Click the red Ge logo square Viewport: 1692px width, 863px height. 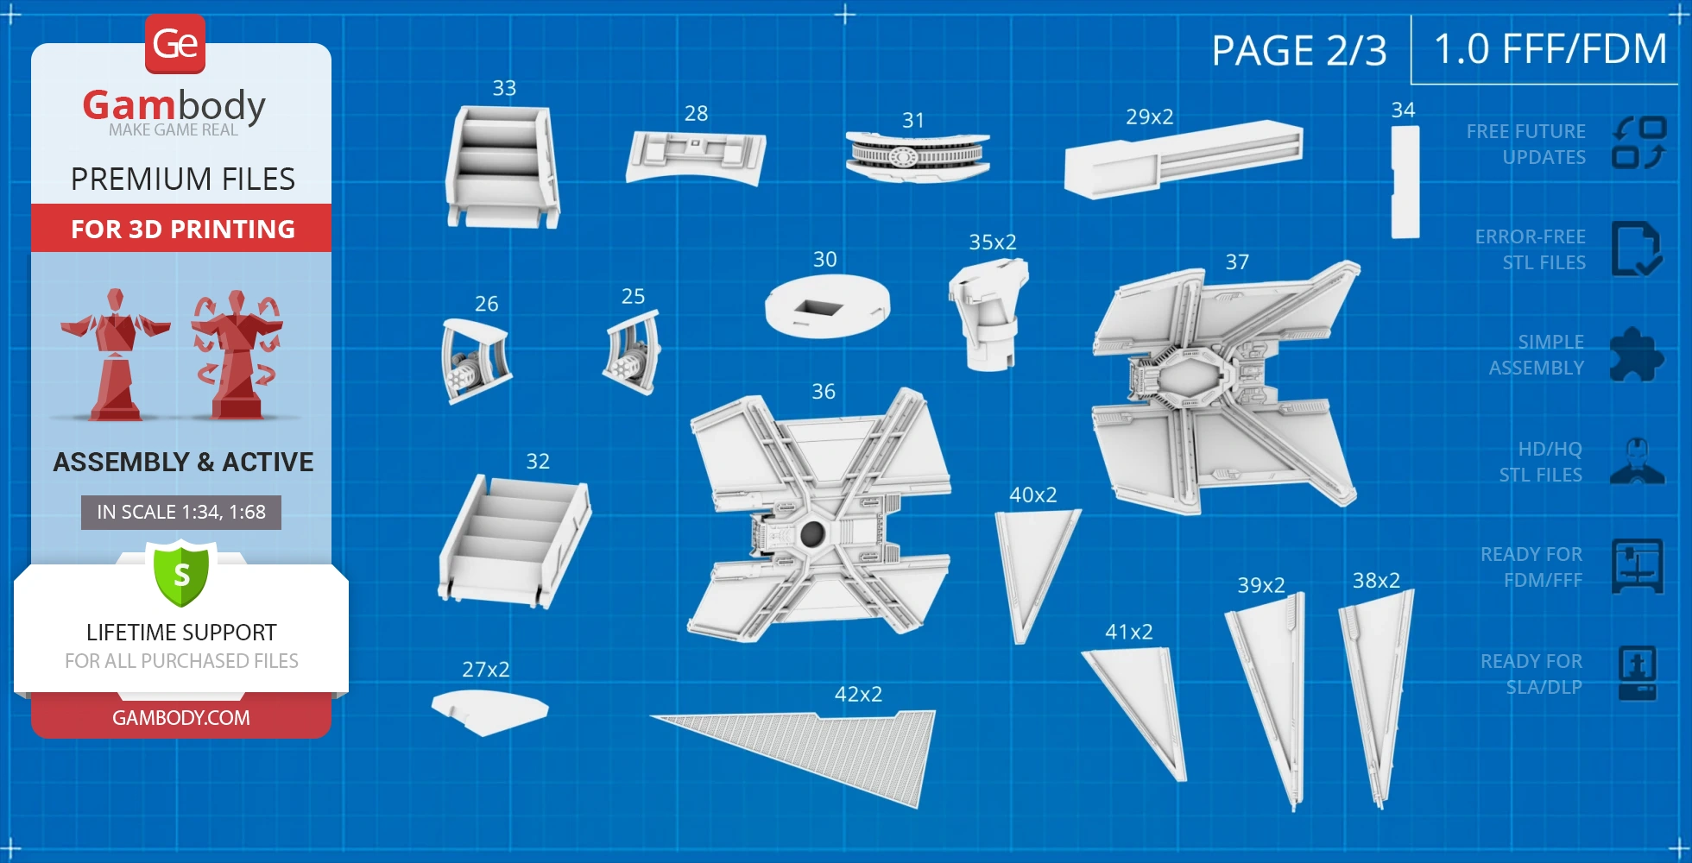tap(175, 43)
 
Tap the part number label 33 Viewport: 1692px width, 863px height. tap(504, 88)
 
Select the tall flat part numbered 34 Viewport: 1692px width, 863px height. tap(1405, 182)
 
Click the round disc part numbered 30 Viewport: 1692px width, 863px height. tap(827, 307)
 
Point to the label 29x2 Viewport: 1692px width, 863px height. tap(1149, 117)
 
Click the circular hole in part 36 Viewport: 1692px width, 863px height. tap(811, 533)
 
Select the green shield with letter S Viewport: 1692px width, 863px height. tap(181, 574)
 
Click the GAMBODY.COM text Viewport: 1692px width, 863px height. tap(181, 718)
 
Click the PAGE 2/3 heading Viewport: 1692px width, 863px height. tap(1298, 50)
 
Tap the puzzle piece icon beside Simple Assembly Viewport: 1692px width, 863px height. tap(1636, 355)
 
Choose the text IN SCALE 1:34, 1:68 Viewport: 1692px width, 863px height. tap(181, 512)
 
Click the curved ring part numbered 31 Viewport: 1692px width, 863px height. tap(917, 156)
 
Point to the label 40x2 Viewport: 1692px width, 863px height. tap(1032, 494)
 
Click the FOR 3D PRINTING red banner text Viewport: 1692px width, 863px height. tap(182, 229)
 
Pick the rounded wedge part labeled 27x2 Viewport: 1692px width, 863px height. tap(488, 710)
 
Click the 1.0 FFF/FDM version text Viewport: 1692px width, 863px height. tap(1550, 48)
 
